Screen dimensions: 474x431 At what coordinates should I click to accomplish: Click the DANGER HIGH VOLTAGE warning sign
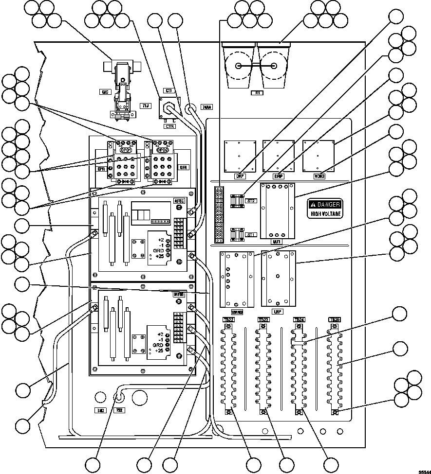click(x=324, y=208)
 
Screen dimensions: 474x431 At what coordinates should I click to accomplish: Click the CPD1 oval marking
click(x=120, y=150)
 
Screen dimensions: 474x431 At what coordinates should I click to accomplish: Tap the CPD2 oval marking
click(x=162, y=150)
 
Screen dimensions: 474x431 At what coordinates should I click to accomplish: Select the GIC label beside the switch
click(x=104, y=91)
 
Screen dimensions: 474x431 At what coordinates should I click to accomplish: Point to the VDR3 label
click(x=319, y=176)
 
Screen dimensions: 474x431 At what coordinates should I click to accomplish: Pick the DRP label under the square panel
click(x=240, y=176)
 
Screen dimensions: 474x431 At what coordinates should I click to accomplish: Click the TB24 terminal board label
click(x=299, y=319)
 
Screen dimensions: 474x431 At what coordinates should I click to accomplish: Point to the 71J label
click(x=145, y=105)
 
